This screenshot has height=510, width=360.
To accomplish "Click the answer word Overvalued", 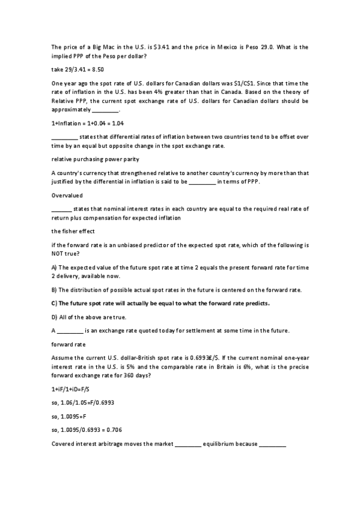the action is (x=67, y=195).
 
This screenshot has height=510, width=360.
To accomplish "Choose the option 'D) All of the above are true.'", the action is (x=88, y=317).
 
